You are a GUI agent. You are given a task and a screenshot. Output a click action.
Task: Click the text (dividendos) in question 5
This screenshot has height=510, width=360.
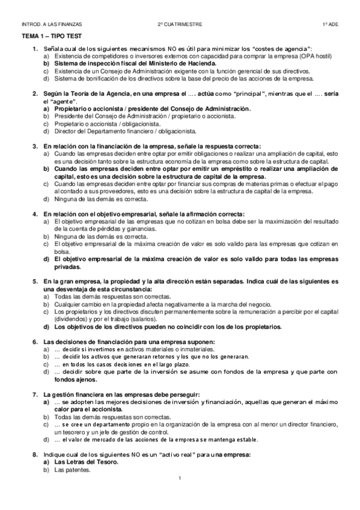point(72,319)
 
